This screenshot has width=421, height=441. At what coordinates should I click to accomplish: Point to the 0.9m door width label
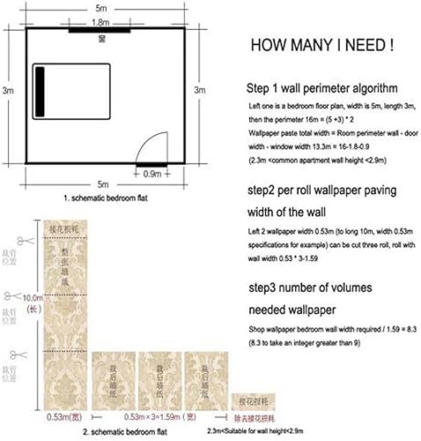tap(151, 174)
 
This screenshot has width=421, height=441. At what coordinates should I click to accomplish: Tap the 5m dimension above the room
tap(105, 7)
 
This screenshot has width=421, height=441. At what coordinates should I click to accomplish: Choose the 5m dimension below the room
tap(105, 184)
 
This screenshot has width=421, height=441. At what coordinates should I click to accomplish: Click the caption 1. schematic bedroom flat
tap(104, 200)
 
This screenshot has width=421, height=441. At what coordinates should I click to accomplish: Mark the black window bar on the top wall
tap(103, 31)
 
